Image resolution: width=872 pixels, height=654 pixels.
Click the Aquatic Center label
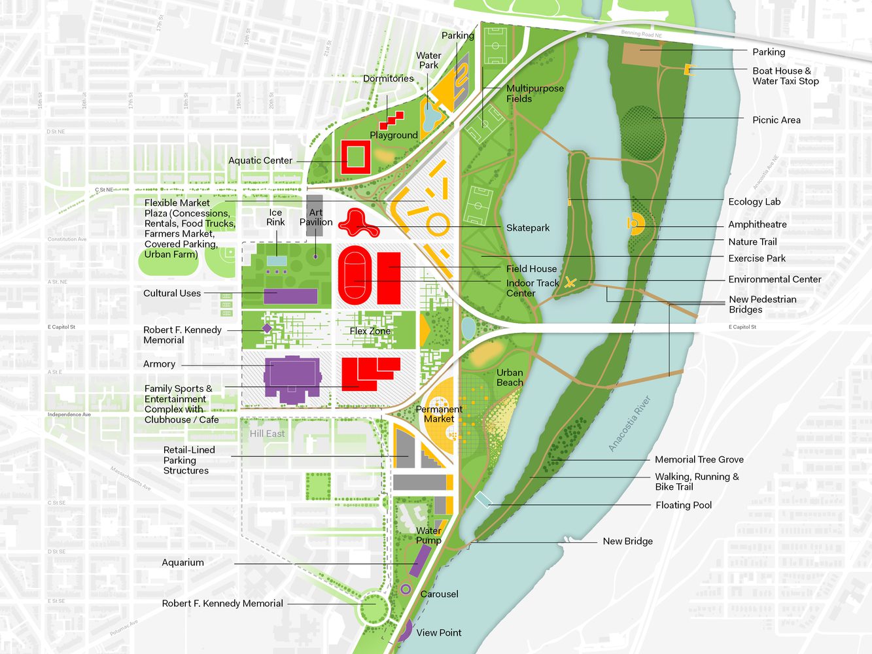[260, 160]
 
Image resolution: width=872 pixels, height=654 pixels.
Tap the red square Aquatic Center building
[355, 157]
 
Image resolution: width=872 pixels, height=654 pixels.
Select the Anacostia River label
[629, 424]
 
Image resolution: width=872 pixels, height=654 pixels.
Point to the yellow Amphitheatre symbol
[635, 224]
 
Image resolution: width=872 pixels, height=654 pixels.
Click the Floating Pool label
[683, 505]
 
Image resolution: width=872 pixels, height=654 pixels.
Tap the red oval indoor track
[355, 275]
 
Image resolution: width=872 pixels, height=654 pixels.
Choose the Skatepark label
[527, 228]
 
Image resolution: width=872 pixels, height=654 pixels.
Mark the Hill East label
[267, 434]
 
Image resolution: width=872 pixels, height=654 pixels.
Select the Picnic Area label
[776, 120]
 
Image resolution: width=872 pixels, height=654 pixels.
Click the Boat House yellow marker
[688, 69]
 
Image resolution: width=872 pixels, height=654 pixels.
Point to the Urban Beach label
[510, 377]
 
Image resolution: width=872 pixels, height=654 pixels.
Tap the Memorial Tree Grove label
[699, 460]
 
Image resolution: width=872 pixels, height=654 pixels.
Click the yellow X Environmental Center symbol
[570, 283]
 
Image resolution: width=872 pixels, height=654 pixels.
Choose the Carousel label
[439, 594]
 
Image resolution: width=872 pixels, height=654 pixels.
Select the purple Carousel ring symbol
[406, 589]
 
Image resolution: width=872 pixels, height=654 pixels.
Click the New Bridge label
[627, 541]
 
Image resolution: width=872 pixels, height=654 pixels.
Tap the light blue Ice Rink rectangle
[277, 261]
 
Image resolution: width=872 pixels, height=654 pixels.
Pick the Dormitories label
[388, 78]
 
